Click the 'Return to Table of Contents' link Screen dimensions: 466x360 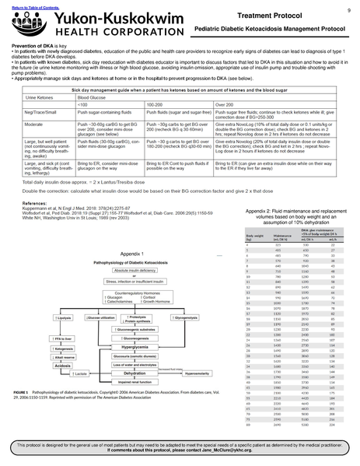(26, 5)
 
